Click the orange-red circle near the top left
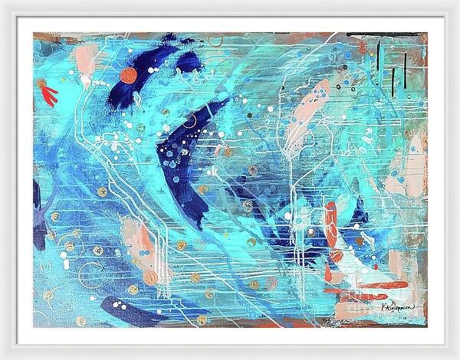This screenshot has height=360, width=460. pos(128,75)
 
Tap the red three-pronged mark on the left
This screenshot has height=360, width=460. pos(49,95)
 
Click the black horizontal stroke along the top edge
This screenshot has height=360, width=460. pos(367,34)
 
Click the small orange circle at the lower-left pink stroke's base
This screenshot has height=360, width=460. pos(149,277)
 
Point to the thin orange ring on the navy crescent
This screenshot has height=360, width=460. pos(189,121)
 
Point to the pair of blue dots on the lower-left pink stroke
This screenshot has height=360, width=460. pos(143,252)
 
